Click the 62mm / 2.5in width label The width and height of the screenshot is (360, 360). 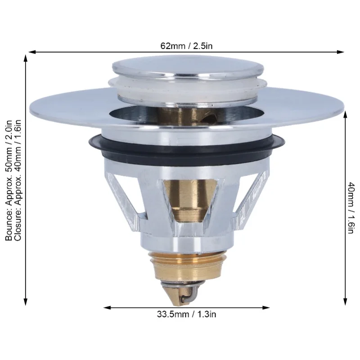click(186, 46)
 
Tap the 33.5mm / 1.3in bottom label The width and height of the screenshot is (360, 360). click(186, 314)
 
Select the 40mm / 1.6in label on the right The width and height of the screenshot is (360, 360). click(351, 208)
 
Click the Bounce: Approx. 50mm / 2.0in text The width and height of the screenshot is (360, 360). click(9, 180)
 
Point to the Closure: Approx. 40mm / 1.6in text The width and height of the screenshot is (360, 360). click(18, 180)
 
